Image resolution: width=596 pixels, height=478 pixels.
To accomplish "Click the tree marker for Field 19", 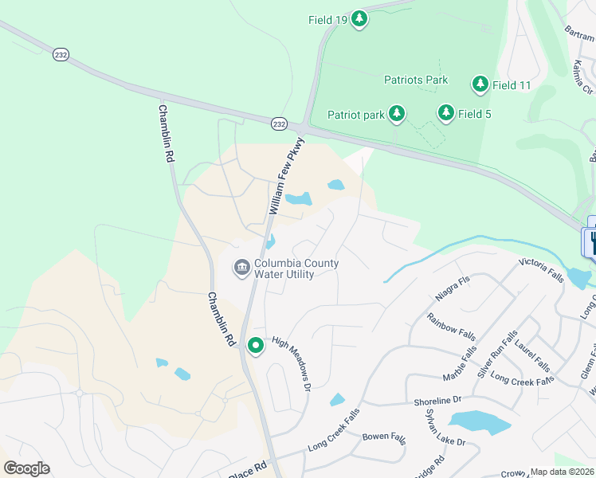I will coord(359,19).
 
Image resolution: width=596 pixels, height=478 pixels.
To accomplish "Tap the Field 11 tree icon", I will coord(480,84).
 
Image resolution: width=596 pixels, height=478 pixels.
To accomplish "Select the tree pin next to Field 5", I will coord(446,114).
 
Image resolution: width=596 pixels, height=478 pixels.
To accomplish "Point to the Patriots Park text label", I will coord(416,80).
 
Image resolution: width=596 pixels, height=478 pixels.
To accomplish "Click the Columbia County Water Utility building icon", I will coord(241,268).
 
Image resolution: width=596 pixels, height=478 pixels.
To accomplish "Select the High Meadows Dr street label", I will coord(291,362).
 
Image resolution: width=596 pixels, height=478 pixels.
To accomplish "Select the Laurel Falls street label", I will coord(532,355).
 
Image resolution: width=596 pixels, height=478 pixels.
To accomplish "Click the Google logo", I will coord(26,468).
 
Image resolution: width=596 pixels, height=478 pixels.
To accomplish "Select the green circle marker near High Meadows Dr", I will coord(256,346).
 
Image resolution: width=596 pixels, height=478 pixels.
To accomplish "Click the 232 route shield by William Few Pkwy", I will coord(278,124).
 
